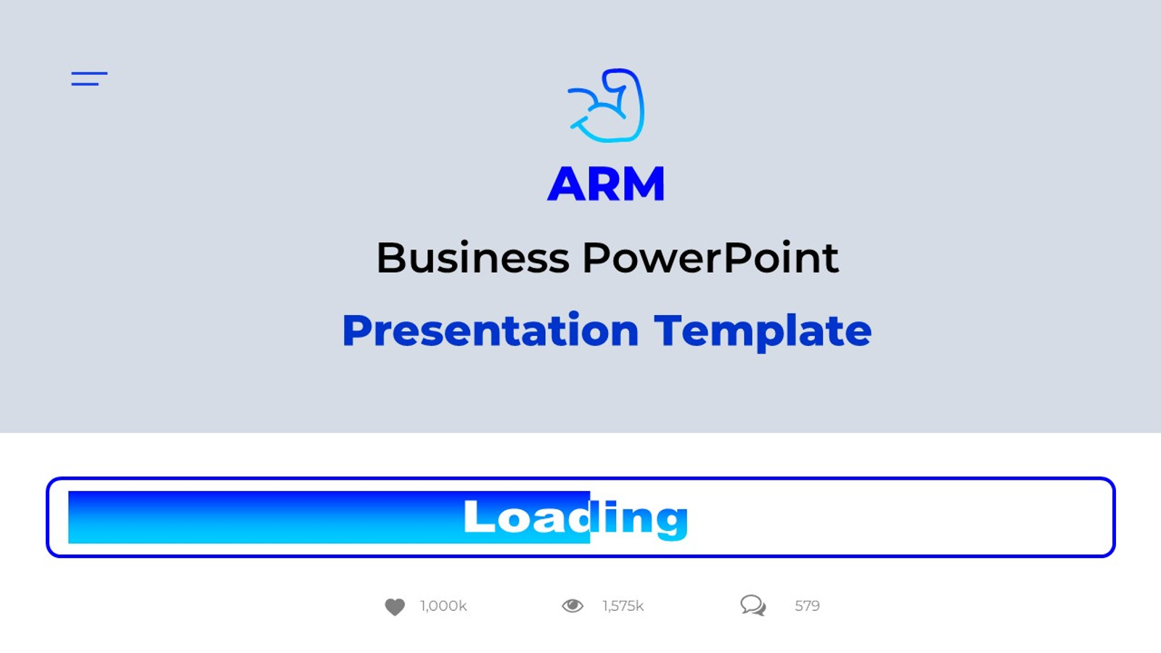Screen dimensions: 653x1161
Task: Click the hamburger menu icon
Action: point(89,78)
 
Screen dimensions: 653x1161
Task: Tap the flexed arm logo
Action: point(607,106)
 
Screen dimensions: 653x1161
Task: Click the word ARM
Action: point(606,184)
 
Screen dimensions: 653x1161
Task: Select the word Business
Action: point(473,258)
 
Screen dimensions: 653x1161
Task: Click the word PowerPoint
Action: point(710,258)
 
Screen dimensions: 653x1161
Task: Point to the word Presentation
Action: point(490,332)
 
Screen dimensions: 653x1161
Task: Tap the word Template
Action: point(762,332)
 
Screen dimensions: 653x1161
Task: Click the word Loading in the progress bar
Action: point(575,517)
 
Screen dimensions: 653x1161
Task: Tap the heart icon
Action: point(395,607)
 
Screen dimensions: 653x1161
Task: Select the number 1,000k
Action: point(443,606)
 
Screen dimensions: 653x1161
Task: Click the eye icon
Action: point(573,606)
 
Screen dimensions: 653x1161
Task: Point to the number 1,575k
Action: point(623,606)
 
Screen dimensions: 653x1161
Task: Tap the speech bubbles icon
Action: point(753,605)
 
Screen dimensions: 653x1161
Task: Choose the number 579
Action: point(807,606)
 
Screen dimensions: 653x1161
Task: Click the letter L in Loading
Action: point(478,517)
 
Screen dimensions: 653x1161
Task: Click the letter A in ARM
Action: point(567,184)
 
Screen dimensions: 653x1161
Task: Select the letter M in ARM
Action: point(642,184)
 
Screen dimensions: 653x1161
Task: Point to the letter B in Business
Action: point(391,258)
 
